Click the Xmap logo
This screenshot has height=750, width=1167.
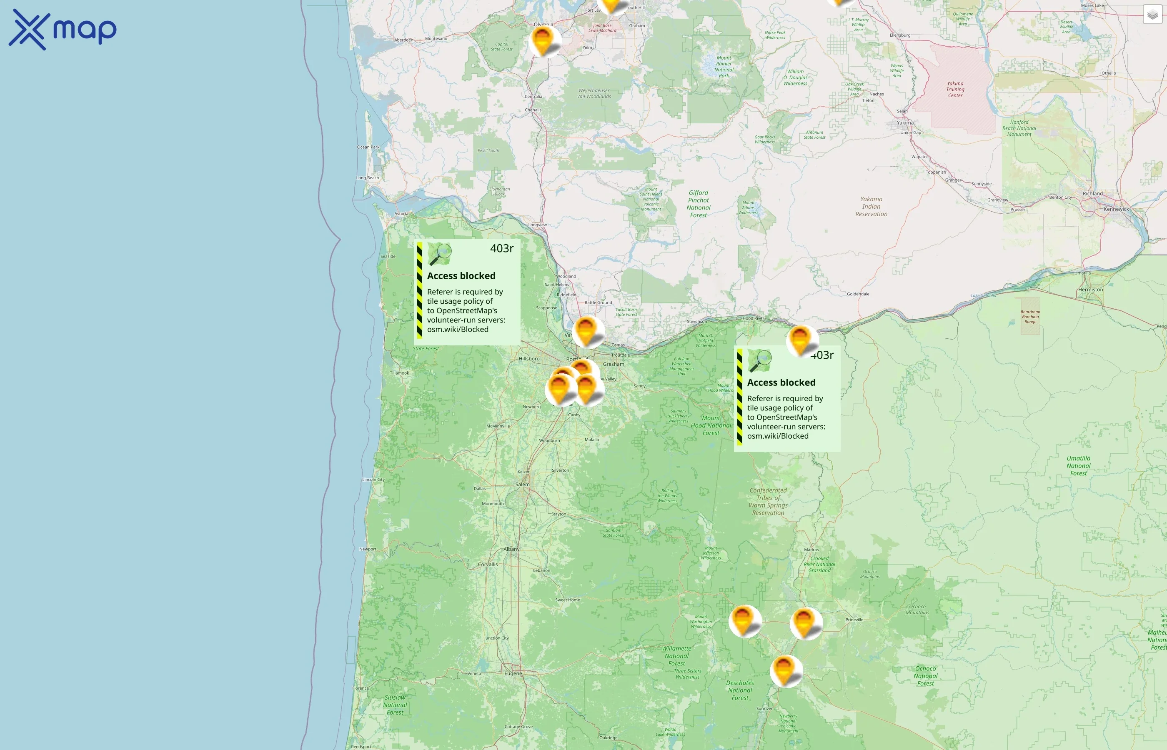[63, 29]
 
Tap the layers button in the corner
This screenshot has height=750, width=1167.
[1152, 15]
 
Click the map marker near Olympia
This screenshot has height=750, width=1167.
[543, 40]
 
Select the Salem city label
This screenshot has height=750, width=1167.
[522, 485]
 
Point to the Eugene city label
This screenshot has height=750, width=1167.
[513, 673]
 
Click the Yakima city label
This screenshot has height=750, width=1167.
[905, 123]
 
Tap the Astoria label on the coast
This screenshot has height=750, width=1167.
[401, 214]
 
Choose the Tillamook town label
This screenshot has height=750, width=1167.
[399, 373]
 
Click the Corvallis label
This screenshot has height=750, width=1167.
[488, 565]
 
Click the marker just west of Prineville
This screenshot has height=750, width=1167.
[805, 622]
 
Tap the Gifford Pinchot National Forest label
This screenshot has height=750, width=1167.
[699, 204]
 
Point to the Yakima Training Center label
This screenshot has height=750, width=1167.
[955, 90]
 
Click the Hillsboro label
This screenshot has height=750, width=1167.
[529, 359]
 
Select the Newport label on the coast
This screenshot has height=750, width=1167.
[368, 549]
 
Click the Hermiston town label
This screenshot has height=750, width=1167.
[1091, 290]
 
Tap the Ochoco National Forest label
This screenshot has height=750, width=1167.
[925, 676]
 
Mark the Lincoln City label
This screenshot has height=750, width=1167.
[373, 480]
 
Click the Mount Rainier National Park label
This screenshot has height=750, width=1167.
[724, 67]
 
